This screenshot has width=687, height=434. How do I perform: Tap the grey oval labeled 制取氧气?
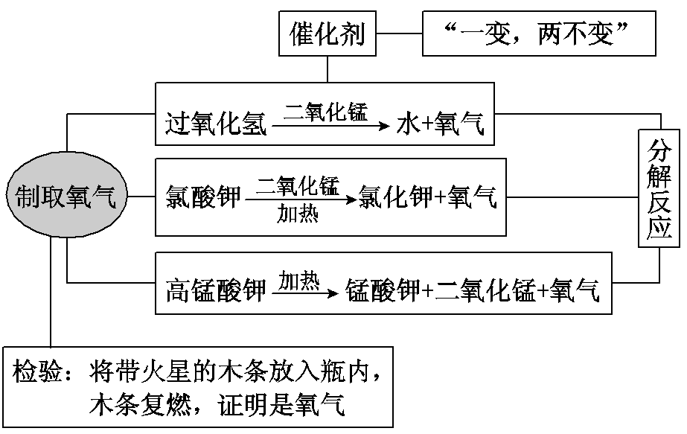66,197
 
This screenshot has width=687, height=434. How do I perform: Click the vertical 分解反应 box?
659,188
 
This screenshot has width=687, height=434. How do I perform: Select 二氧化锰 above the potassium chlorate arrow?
298,184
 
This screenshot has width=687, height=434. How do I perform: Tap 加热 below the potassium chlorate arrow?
298,214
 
